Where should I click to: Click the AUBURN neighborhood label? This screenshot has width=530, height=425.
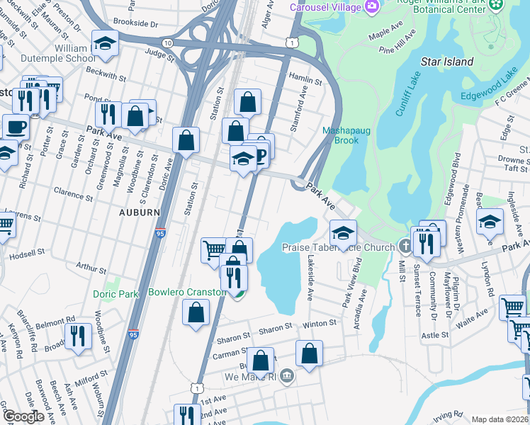(x=140, y=212)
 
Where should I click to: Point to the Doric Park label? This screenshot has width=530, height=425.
(x=115, y=294)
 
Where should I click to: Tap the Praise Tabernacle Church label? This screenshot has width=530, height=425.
(x=338, y=248)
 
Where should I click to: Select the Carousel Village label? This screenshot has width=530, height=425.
(x=327, y=7)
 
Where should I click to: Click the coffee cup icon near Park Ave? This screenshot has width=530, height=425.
(x=16, y=127)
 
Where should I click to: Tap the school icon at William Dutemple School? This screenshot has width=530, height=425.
(x=105, y=44)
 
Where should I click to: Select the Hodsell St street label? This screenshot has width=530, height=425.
(x=26, y=252)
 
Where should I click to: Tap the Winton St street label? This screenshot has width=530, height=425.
(x=320, y=323)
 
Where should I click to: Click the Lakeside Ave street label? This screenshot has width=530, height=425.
(x=309, y=278)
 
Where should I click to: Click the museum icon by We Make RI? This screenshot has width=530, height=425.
(x=286, y=375)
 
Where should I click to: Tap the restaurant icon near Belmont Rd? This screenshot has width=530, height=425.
(x=78, y=336)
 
